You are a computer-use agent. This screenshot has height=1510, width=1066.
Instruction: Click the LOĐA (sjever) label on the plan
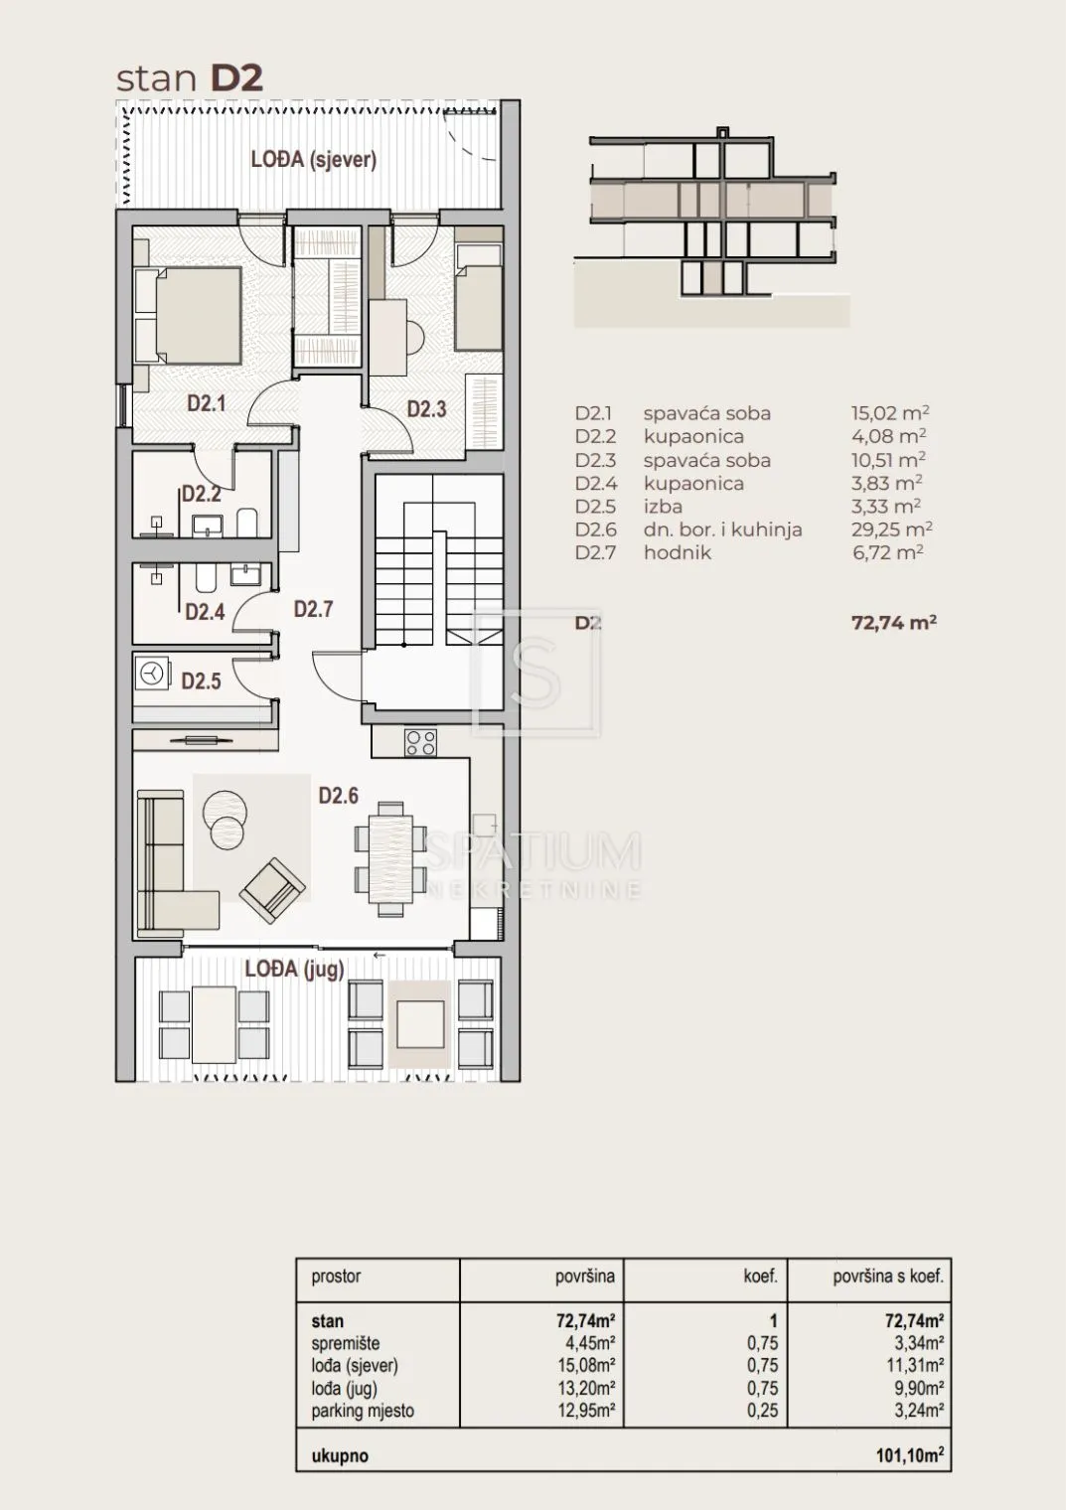pos(314,160)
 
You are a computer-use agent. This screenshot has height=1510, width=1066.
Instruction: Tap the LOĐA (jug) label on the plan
pos(295,969)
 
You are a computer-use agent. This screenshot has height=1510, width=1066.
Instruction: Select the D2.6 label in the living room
pos(339,796)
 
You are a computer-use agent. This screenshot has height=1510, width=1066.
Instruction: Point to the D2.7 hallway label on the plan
pos(314,609)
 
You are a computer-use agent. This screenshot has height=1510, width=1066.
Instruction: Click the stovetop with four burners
pos(420,742)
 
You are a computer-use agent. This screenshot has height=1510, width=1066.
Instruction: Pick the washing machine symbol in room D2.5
pos(152,674)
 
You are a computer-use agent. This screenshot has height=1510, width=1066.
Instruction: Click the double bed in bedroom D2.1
pos(188,316)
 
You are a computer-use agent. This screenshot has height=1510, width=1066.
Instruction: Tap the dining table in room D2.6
pos(391,858)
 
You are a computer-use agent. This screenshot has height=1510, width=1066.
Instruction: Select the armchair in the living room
pos(272,890)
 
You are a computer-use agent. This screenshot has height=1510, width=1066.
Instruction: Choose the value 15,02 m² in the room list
pos(890,413)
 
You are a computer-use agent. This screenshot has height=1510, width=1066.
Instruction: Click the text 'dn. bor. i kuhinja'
pos(723,529)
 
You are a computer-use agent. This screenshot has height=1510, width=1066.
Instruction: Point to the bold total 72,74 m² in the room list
pos(894,622)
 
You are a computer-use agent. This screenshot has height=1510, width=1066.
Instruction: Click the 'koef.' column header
pos(761,1276)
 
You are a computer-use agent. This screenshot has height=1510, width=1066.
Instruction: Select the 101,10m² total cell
pos(910,1455)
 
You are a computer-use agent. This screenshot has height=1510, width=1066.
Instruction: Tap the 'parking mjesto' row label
pos(363,1411)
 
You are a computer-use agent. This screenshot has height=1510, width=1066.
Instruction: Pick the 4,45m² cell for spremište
pos(590,1343)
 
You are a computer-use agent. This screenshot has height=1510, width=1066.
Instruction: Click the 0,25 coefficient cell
pos(763,1411)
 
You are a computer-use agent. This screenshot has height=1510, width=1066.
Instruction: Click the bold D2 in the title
pos(236,78)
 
